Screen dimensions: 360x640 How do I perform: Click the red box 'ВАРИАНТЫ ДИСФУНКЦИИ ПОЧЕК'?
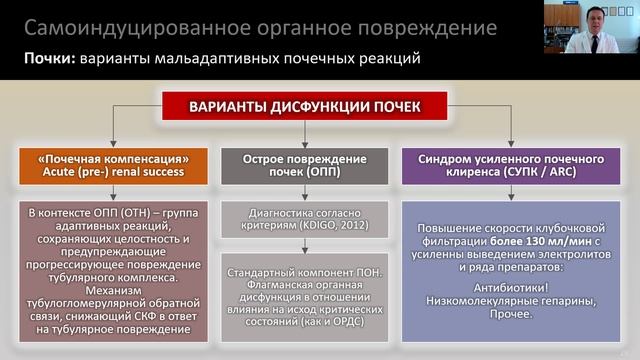tap(320, 106)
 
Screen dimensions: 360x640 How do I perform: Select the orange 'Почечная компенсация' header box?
tap(116, 165)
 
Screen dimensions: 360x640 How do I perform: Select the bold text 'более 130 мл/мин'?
tap(537, 243)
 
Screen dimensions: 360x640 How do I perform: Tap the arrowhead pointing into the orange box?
tap(116, 144)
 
